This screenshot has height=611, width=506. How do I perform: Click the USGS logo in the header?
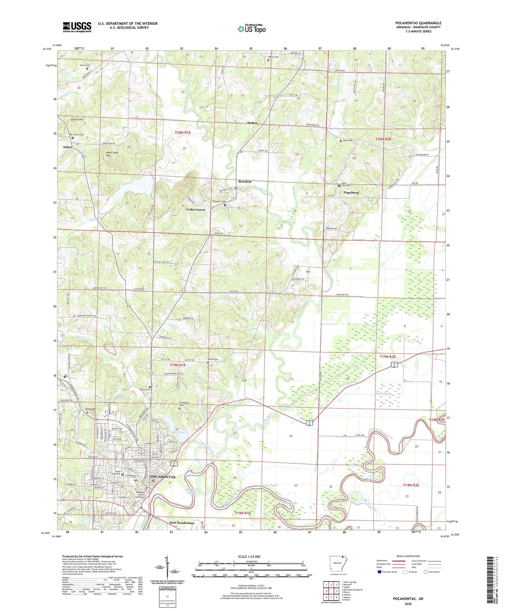click(x=77, y=27)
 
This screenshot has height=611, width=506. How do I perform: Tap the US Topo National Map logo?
click(x=252, y=29)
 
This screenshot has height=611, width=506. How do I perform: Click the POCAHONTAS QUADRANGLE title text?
click(x=418, y=23)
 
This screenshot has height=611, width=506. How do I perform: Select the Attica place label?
click(x=67, y=147)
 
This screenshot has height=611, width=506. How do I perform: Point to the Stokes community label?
click(x=252, y=123)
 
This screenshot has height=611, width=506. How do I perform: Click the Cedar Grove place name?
click(x=196, y=210)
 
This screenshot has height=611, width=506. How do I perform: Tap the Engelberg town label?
click(x=351, y=192)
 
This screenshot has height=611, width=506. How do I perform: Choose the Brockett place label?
click(x=245, y=182)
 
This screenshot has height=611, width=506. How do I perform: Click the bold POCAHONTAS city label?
click(x=163, y=477)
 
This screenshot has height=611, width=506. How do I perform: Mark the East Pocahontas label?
click(x=182, y=523)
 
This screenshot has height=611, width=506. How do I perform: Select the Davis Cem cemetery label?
click(x=348, y=141)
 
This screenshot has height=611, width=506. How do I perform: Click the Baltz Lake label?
click(x=178, y=433)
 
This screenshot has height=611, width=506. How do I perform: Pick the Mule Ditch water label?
click(x=383, y=394)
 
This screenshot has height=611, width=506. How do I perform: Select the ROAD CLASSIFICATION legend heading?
click(x=408, y=556)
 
